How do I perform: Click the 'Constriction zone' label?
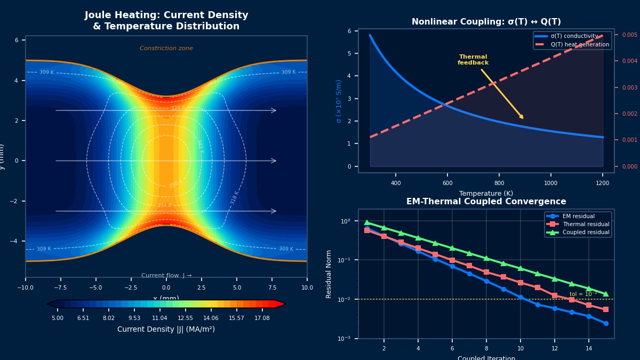coord(166,49)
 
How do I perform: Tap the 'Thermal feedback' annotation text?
coord(473,60)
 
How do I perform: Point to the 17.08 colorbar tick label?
coord(262,318)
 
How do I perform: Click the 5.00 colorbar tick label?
coord(57,318)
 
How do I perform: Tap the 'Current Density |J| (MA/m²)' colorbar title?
coord(166,330)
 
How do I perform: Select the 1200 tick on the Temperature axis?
coord(602,183)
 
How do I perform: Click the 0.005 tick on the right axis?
coord(630,35)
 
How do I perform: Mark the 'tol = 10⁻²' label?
coord(583,294)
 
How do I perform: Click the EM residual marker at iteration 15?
coord(606,323)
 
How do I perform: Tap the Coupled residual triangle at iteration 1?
coord(367,222)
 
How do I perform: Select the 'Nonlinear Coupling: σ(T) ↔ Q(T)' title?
coord(486,22)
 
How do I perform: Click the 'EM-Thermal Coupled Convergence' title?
coord(486,202)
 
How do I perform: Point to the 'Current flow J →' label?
coord(166,276)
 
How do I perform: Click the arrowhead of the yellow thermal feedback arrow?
coord(523,118)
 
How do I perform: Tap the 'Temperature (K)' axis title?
coord(486,194)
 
